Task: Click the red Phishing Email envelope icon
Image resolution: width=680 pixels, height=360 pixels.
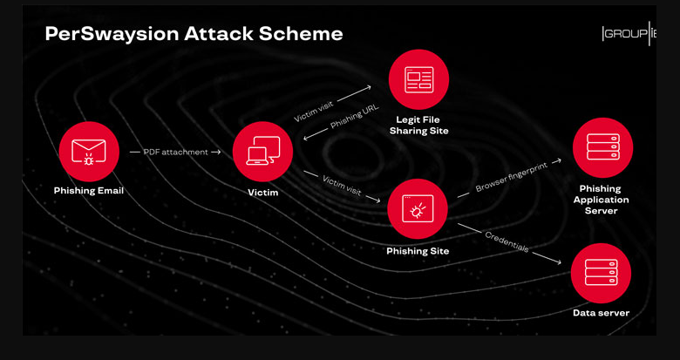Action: [x=89, y=151]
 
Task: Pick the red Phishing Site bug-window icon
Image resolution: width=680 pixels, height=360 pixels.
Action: [x=418, y=208]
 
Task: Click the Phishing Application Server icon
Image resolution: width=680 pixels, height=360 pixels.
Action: [x=602, y=147]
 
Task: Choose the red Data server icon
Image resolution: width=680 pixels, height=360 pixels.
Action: [x=601, y=273]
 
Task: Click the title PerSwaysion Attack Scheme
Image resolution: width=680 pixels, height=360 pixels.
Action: [x=194, y=34]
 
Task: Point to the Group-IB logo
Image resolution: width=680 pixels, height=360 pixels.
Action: [x=628, y=34]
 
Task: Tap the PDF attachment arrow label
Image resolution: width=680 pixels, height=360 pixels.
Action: [x=175, y=152]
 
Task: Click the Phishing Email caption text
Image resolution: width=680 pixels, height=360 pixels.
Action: [x=89, y=191]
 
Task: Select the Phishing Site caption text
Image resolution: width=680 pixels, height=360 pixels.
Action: [x=418, y=251]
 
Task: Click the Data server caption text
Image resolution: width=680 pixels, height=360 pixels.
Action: [x=601, y=313]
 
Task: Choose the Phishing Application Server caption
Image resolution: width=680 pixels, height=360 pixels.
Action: [x=601, y=200]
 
